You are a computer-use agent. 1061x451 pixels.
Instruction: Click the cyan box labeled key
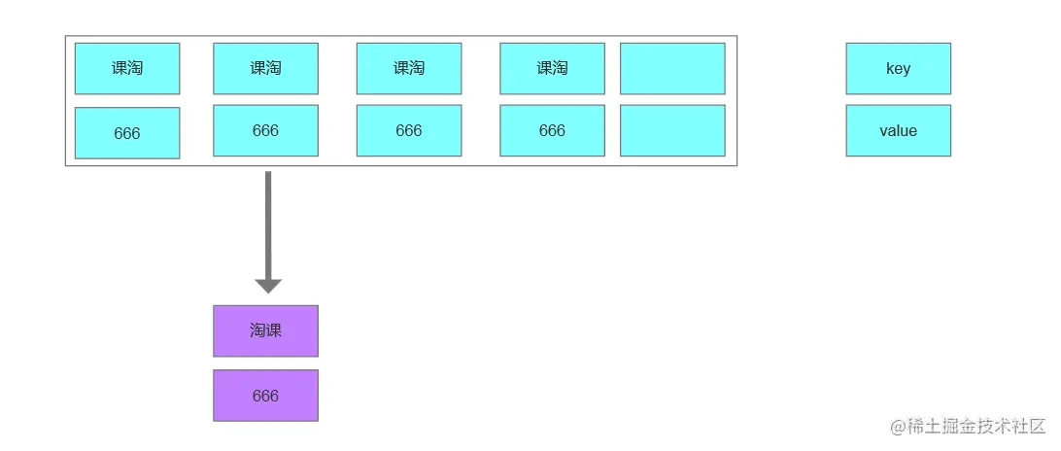pos(898,68)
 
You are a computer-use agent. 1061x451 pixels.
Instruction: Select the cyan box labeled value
pos(898,130)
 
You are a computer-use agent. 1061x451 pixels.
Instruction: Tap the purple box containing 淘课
pos(265,331)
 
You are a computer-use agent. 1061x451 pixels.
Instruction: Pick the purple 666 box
pos(265,396)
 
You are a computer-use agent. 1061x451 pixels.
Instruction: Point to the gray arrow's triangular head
pos(268,286)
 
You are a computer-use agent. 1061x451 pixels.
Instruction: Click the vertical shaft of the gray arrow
pos(268,225)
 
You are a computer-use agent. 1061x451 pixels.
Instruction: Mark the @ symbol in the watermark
pos(897,427)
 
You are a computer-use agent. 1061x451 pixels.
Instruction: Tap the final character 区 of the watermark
pos(1038,427)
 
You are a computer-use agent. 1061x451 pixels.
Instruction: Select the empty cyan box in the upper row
pos(672,68)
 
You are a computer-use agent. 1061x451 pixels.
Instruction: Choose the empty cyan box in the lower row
pos(672,130)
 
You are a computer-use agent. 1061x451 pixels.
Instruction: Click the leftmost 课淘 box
pos(127,68)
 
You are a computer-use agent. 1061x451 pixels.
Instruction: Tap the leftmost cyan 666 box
pos(127,133)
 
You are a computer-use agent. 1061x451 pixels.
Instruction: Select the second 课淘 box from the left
pos(265,68)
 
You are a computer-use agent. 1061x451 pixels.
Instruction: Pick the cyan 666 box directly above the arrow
pos(265,130)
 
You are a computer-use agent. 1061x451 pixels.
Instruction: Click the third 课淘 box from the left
pos(409,68)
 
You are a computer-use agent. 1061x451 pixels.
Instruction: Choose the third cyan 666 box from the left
pos(409,130)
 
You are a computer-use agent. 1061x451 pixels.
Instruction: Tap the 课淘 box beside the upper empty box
pos(552,68)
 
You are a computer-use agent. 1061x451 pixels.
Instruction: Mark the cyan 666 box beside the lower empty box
pos(552,130)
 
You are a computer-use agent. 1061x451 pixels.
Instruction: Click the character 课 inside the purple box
pos(273,331)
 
